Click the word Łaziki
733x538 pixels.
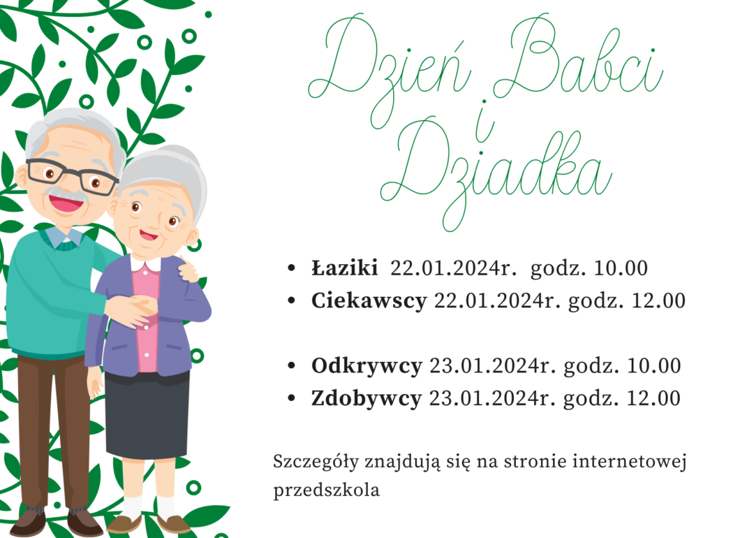[345, 268]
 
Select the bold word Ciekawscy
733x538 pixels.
[369, 301]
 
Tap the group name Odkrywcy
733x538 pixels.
[367, 366]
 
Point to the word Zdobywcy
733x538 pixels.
[366, 399]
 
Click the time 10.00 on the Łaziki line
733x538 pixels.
[621, 268]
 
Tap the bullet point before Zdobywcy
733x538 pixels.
[293, 398]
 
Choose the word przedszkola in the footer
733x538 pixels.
[326, 490]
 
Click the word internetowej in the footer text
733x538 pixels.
[630, 462]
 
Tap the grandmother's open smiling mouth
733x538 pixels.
[149, 234]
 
